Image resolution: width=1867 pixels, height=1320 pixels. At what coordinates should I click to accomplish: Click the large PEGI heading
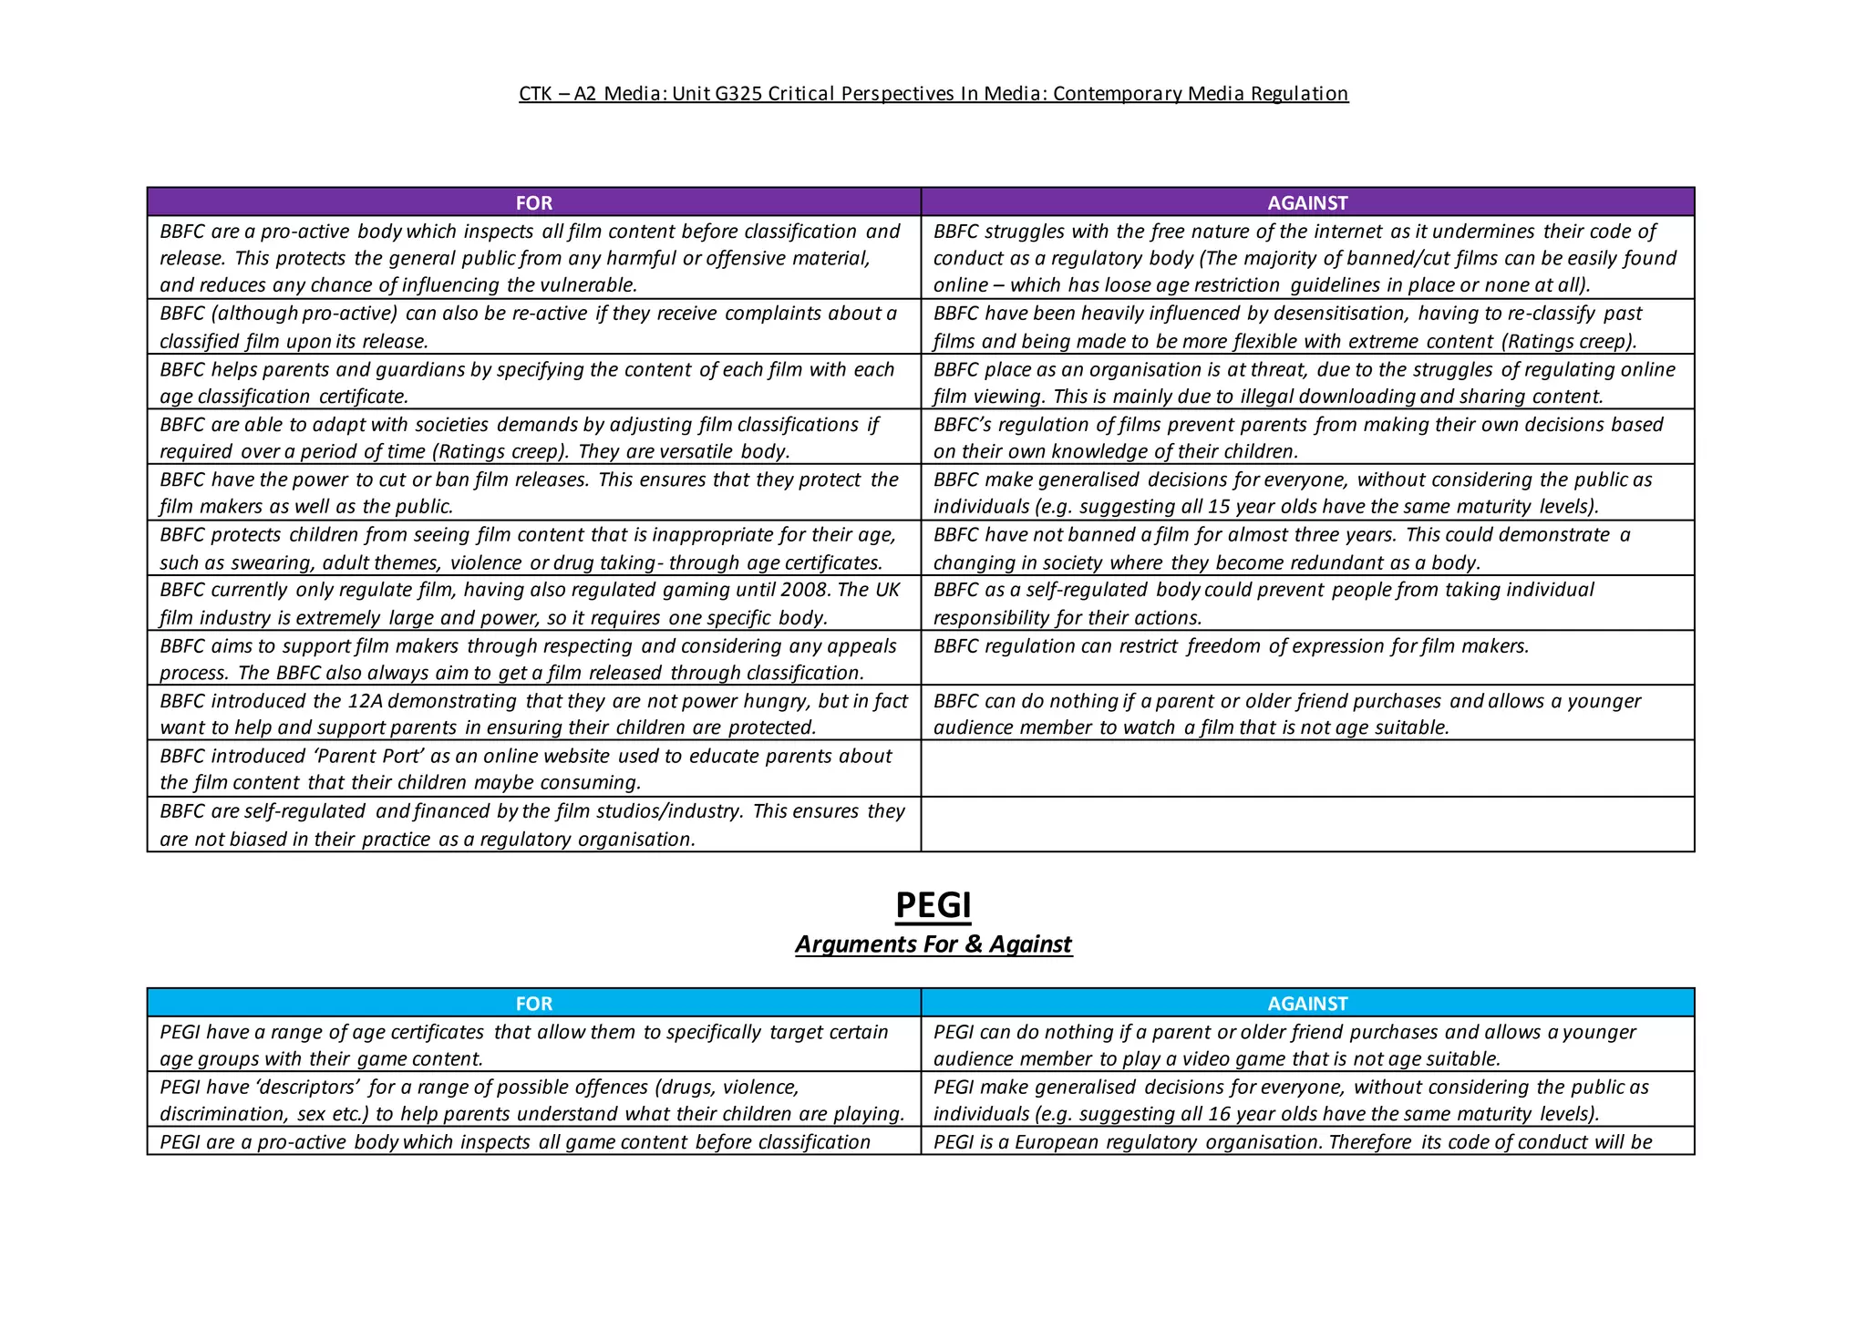tap(933, 905)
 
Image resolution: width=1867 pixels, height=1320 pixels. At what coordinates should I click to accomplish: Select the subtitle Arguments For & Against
tap(933, 944)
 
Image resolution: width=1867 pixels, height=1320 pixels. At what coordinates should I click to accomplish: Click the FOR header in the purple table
tap(533, 202)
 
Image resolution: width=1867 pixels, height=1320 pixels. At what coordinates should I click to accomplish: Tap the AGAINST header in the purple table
tap(1307, 202)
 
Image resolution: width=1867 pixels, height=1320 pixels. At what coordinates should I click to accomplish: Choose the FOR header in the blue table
tap(533, 1004)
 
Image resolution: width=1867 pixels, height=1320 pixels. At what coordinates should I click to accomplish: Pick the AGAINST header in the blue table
tap(1307, 1004)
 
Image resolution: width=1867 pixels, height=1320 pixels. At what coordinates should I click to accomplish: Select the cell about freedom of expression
tap(1231, 646)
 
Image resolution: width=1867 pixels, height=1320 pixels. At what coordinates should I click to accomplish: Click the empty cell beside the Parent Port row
tap(1307, 768)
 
